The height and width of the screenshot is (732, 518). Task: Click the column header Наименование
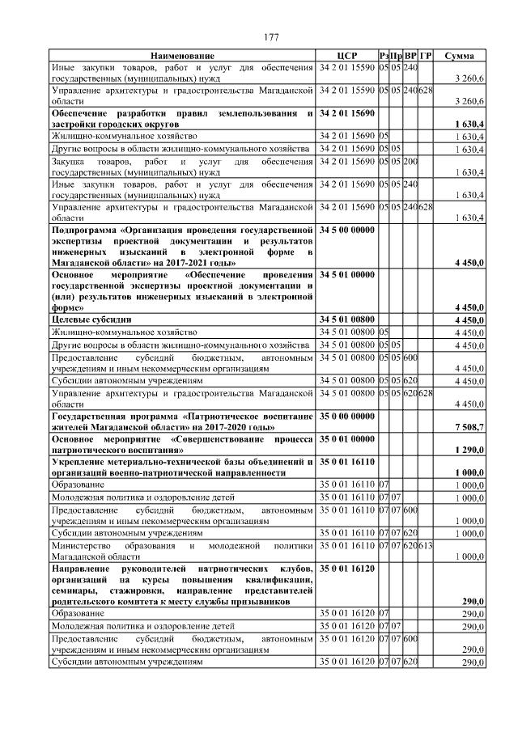182,56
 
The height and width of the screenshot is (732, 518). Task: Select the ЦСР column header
347,56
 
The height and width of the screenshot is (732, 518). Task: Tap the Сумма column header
465,56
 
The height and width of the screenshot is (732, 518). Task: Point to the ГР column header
426,56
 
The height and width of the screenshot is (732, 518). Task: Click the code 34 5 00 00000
347,231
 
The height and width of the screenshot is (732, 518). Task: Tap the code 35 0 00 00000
347,415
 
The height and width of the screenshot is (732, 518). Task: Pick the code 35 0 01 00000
347,438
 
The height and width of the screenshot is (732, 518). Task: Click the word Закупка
70,161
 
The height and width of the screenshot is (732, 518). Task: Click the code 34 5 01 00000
347,275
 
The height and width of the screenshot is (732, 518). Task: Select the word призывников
282,602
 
